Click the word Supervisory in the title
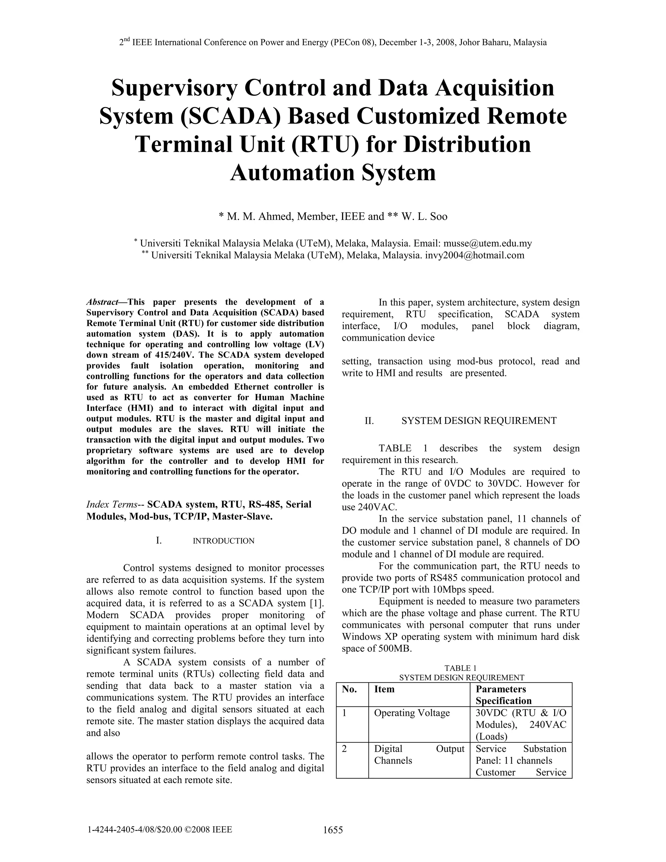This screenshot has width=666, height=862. coord(174,88)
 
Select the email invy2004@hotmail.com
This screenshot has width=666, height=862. coord(475,255)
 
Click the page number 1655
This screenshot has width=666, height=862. coord(333,830)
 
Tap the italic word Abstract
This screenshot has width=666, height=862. coord(102,302)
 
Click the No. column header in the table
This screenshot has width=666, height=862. coord(349,690)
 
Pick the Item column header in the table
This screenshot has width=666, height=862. coord(384,690)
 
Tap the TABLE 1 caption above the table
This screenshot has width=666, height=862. coord(460,668)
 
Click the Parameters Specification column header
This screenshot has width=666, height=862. coord(503,695)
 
